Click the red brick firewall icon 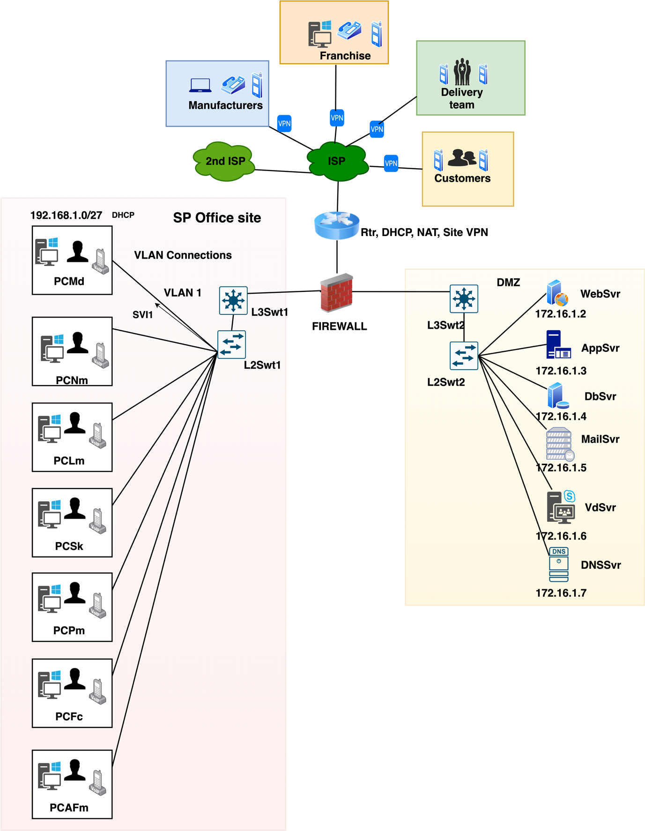tap(336, 293)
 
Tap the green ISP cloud tap(337, 162)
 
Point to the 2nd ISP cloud tap(224, 161)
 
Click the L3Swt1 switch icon tap(233, 300)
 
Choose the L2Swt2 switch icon tap(464, 356)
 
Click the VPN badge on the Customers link tap(391, 163)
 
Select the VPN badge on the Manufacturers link tap(284, 124)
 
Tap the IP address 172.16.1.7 tap(561, 593)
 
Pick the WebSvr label tap(600, 294)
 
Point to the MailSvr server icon tap(559, 444)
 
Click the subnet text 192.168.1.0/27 tap(66, 215)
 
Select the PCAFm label tap(69, 808)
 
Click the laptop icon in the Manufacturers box tap(200, 85)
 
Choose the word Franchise tap(345, 56)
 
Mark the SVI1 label tap(142, 315)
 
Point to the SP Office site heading tap(217, 218)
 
